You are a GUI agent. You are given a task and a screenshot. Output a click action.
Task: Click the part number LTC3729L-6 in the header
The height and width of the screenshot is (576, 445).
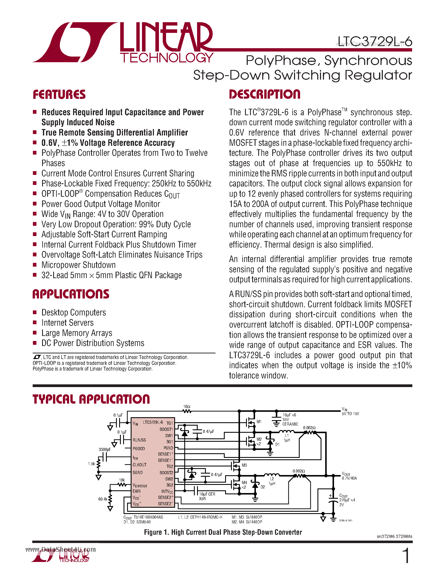pyautogui.click(x=375, y=41)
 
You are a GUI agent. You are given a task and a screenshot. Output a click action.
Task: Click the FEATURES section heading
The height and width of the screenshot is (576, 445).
pyautogui.click(x=59, y=94)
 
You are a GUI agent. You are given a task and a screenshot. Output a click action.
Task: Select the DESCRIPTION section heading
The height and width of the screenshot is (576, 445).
pyautogui.click(x=264, y=94)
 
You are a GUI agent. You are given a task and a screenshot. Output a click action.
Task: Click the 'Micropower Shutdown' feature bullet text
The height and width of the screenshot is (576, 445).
pyautogui.click(x=79, y=265)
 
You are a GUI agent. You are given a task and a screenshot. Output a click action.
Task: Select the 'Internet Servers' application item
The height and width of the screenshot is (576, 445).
pyautogui.click(x=67, y=323)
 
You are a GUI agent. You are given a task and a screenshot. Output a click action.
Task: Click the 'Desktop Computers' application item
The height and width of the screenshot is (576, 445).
pyautogui.click(x=74, y=313)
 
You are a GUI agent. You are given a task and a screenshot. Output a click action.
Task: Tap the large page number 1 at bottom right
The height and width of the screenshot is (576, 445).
pyautogui.click(x=406, y=556)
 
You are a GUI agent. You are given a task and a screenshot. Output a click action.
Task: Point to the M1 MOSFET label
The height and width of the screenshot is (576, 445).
pyautogui.click(x=259, y=422)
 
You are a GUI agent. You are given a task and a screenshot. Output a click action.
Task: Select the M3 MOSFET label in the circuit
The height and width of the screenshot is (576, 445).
pyautogui.click(x=244, y=465)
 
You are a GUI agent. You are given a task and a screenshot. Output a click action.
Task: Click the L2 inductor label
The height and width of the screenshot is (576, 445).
pyautogui.click(x=272, y=479)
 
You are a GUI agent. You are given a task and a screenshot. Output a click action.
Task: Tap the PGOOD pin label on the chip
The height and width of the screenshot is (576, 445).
pyautogui.click(x=139, y=449)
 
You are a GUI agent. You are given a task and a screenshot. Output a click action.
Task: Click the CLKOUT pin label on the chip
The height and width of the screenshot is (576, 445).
pyautogui.click(x=139, y=465)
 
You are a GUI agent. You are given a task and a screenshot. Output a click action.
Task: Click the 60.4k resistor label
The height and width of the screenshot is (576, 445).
pyautogui.click(x=103, y=499)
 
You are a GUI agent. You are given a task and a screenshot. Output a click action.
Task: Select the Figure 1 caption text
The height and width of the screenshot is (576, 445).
pyautogui.click(x=223, y=532)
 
